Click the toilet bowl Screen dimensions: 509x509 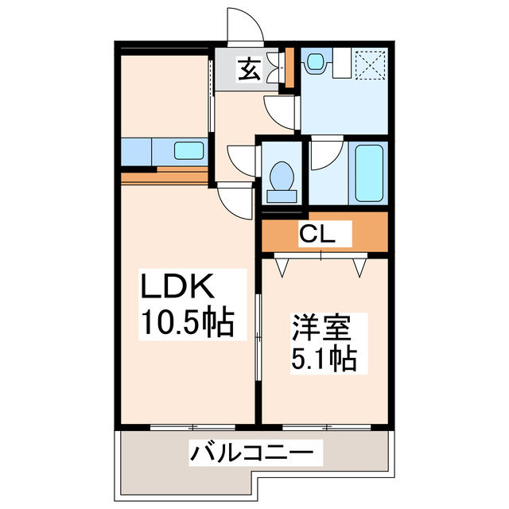281,173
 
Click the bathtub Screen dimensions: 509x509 369,173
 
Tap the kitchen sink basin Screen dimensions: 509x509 189,150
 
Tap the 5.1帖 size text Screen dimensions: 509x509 322,359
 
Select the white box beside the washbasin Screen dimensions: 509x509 342,64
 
